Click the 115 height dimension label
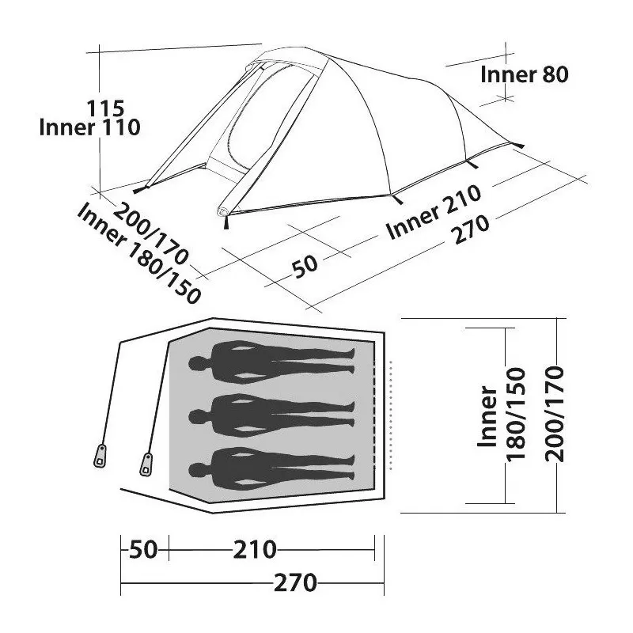click(106, 108)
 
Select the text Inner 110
click(89, 127)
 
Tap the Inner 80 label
click(525, 74)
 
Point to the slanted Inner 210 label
click(434, 212)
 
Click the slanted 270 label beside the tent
click(472, 229)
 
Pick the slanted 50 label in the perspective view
click(305, 266)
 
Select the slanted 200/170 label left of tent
click(150, 234)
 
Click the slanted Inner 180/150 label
click(138, 253)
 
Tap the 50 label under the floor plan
click(143, 550)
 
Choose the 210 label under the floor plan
click(255, 550)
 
